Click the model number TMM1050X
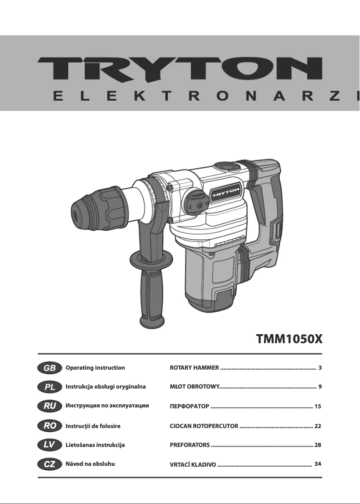[289, 338]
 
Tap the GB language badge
[49, 368]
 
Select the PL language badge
[49, 387]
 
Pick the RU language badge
[49, 406]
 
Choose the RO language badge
[49, 425]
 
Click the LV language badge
[49, 445]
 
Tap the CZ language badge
[49, 464]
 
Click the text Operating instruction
[95, 368]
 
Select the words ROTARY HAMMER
[194, 368]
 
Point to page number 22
[318, 425]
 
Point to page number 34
[318, 463]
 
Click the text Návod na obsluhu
[90, 464]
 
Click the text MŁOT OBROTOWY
[194, 387]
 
